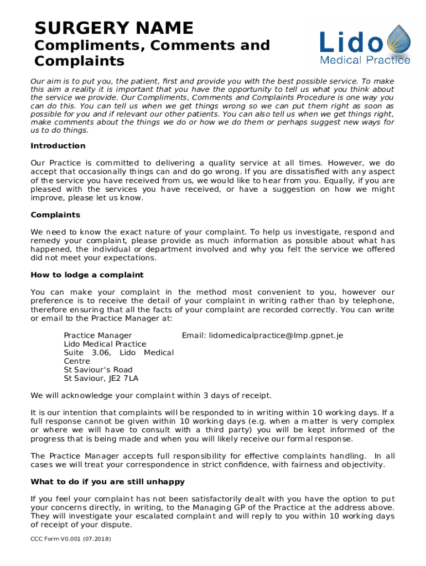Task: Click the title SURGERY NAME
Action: (113, 28)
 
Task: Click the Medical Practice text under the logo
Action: (366, 60)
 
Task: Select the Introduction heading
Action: (58, 146)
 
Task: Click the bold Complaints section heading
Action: (55, 215)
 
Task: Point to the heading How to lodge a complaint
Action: (87, 275)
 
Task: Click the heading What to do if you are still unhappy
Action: (107, 482)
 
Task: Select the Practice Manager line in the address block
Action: (98, 336)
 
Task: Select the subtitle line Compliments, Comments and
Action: (152, 45)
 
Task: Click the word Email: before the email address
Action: (194, 336)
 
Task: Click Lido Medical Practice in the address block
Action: (105, 344)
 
